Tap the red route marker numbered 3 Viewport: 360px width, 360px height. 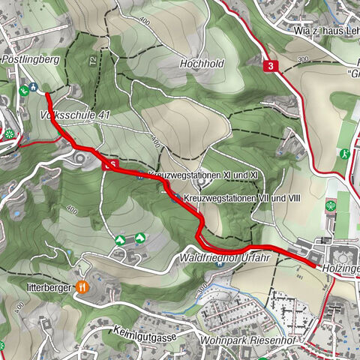270,66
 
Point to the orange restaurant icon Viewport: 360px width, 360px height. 82,286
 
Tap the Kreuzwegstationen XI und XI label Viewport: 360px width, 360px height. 204,175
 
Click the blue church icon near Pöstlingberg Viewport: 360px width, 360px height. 34,88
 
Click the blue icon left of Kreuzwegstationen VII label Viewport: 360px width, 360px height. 175,198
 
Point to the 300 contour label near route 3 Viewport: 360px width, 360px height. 304,59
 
